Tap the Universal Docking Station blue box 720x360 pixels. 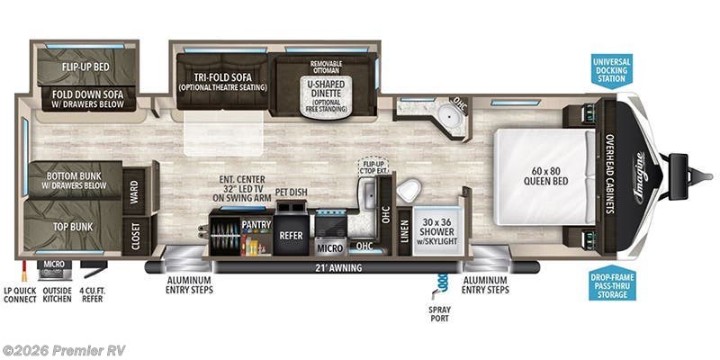(612, 70)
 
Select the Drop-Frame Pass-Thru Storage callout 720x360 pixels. (613, 285)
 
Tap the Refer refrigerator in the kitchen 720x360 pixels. (290, 235)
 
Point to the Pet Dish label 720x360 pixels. (287, 192)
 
